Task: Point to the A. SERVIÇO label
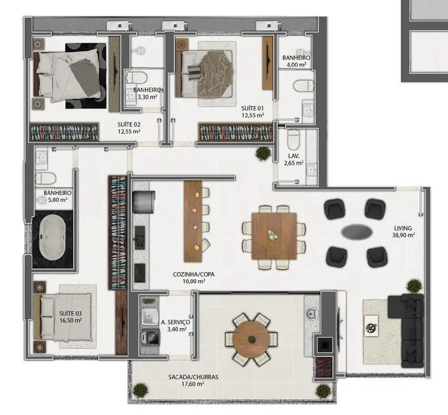pyautogui.click(x=175, y=326)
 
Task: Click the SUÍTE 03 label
pyautogui.click(x=70, y=317)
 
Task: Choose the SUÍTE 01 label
pyautogui.click(x=253, y=112)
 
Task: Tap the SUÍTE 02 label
pyautogui.click(x=130, y=128)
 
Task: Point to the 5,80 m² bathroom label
pyautogui.click(x=57, y=196)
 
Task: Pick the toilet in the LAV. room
pyautogui.click(x=293, y=139)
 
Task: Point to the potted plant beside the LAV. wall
pyautogui.click(x=262, y=153)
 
